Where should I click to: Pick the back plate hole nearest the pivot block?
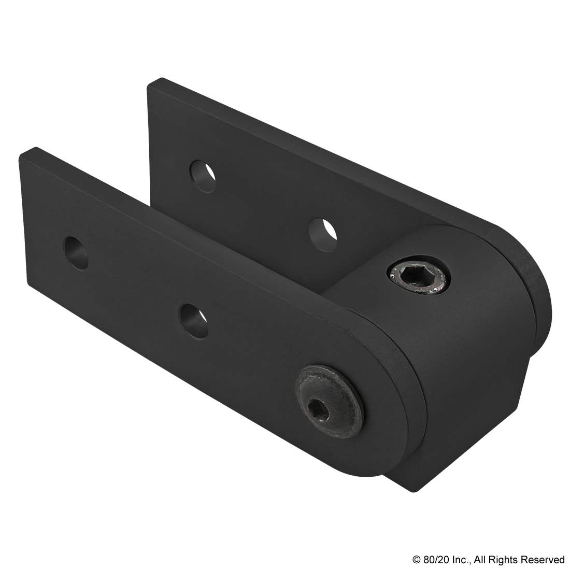coord(321,232)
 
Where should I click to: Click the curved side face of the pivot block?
coord(482,373)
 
